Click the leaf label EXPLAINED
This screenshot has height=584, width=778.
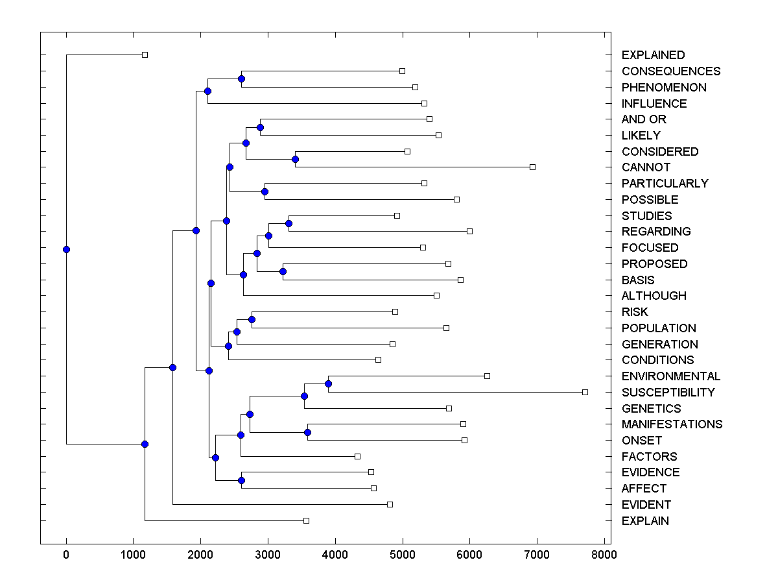[x=653, y=55]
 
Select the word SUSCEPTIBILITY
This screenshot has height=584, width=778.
[x=668, y=393]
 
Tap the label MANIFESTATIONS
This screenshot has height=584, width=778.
[x=672, y=424]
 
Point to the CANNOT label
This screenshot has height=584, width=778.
[x=646, y=167]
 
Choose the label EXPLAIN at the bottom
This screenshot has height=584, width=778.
[x=645, y=521]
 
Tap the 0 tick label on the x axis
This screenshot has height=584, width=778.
[x=66, y=554]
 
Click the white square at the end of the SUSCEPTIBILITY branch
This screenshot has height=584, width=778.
[x=585, y=392]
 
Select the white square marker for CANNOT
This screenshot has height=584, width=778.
[x=532, y=167]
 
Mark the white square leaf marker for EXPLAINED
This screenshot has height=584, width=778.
[x=145, y=55]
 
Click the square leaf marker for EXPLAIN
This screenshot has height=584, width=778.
[x=306, y=520]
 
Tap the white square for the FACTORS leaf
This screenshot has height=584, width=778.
[x=357, y=456]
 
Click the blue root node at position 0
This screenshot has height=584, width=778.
[x=66, y=249]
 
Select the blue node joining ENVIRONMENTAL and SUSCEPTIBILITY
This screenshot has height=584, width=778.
[x=328, y=383]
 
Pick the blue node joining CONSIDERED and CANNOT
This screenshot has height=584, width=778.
[x=295, y=159]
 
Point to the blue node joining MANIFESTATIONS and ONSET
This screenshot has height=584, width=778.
[x=307, y=432]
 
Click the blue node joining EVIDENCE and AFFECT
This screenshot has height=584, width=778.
[x=241, y=480]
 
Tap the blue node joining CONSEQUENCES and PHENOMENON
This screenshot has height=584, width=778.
[x=241, y=79]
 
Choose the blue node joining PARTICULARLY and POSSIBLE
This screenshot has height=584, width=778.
[x=265, y=191]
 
